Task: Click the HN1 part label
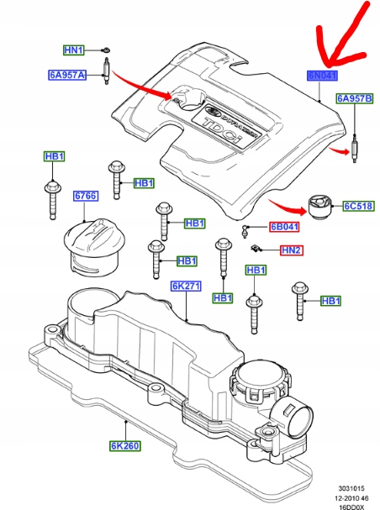pyautogui.click(x=75, y=50)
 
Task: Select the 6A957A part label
pyautogui.click(x=66, y=75)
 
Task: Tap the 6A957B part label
pyautogui.click(x=354, y=99)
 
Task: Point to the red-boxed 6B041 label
pyautogui.click(x=283, y=227)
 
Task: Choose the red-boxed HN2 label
pyautogui.click(x=291, y=250)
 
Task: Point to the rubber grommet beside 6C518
pyautogui.click(x=320, y=207)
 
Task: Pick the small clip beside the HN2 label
pyautogui.click(x=254, y=247)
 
